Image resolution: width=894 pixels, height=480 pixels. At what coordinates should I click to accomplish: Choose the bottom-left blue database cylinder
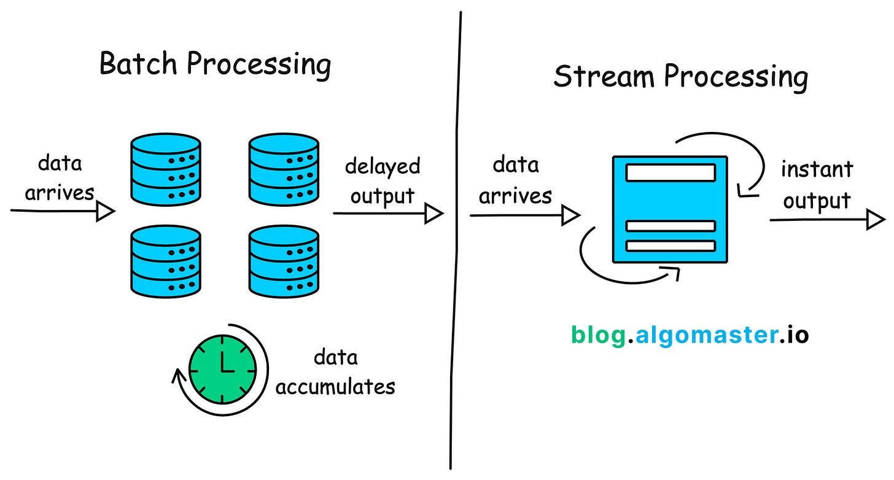tap(165, 261)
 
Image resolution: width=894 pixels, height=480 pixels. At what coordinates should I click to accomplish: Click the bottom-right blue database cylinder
tap(284, 261)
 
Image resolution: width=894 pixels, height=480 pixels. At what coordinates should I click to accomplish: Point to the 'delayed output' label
tap(382, 181)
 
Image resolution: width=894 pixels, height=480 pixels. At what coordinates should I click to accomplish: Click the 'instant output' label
tap(817, 185)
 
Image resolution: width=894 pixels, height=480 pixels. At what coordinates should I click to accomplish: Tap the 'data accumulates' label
tap(335, 373)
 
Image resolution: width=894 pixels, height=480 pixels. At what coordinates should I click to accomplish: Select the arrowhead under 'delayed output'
tap(434, 214)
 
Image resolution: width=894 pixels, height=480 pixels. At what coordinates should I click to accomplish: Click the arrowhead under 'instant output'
tap(876, 219)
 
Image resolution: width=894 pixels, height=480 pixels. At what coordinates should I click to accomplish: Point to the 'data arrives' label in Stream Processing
tap(516, 180)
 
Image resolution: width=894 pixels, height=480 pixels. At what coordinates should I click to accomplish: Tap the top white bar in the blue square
tap(670, 172)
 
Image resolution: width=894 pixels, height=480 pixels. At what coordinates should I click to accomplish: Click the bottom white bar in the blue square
tap(670, 246)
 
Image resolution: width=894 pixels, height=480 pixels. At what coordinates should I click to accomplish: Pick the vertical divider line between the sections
tap(456, 246)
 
